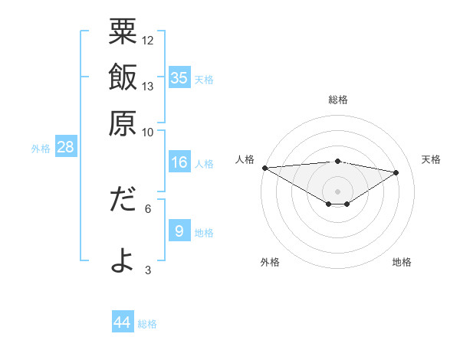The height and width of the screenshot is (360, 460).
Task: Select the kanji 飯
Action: point(123,78)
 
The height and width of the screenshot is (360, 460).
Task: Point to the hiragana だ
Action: point(123,201)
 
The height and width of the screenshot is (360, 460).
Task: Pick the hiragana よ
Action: point(123,260)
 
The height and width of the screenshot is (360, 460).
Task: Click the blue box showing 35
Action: point(179,77)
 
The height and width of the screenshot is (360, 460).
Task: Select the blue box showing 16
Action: point(179,162)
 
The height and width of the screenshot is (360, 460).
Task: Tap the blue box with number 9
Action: point(179,231)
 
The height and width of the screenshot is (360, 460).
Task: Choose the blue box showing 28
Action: point(65,147)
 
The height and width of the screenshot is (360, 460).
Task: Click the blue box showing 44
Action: point(123,322)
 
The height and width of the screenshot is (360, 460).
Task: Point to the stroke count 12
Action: point(148,39)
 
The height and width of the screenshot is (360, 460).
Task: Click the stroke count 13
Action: point(148,86)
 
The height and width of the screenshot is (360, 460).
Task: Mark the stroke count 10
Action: point(148,131)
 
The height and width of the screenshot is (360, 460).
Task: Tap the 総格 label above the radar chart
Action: point(337,100)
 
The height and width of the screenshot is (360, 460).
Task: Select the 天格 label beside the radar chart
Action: point(431,159)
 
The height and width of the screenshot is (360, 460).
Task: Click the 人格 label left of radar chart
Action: point(245,159)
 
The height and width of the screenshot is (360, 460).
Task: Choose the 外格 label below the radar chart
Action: point(269,262)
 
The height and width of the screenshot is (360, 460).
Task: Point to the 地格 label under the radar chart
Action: point(402,262)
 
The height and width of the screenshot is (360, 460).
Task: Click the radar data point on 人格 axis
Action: point(264,168)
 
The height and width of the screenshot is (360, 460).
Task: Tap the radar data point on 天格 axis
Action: point(396,172)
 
